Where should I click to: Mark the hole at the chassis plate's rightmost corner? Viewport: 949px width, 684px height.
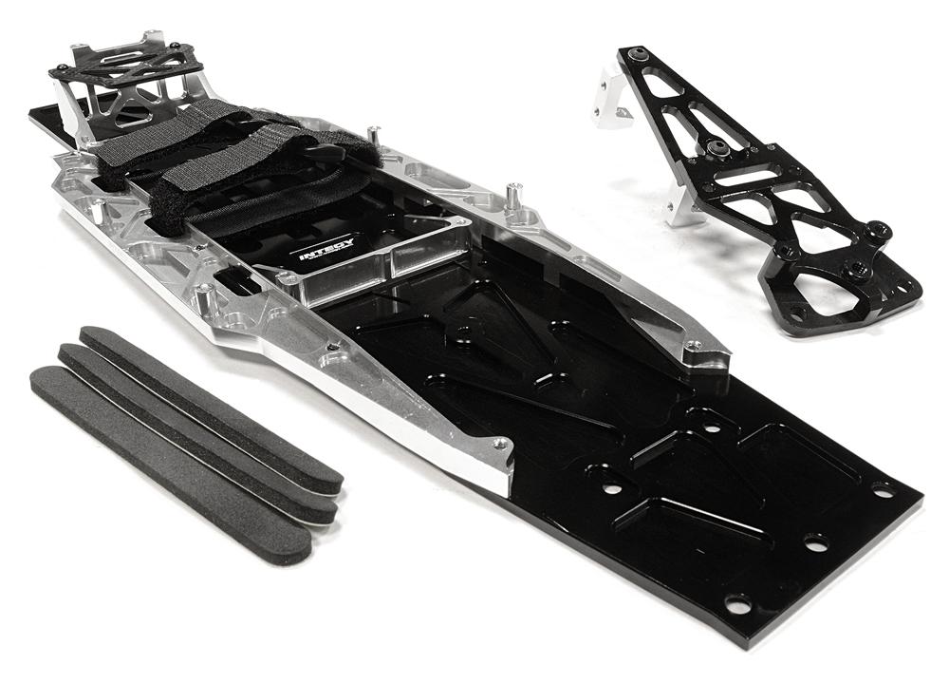click(x=884, y=490)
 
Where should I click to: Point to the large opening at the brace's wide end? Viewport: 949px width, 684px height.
click(x=835, y=294)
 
